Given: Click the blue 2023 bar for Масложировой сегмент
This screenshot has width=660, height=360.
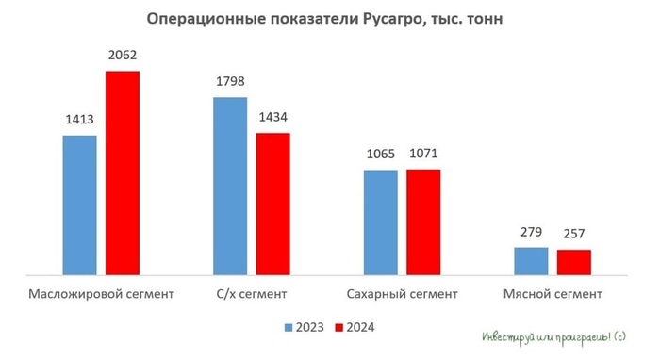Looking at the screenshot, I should tap(79, 205).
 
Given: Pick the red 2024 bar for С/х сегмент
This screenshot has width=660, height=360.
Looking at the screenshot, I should tap(272, 204).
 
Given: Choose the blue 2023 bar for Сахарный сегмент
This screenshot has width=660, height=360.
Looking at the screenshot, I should tap(380, 222).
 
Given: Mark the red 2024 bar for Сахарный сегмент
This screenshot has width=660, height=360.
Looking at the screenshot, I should tap(423, 221).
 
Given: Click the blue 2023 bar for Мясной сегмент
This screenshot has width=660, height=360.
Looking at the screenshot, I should tap(531, 261).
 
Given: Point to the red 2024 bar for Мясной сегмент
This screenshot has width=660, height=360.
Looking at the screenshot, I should tap(573, 262).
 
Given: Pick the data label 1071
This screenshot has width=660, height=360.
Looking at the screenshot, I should tap(423, 155).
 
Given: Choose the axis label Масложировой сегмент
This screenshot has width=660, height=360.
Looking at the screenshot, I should tap(102, 294).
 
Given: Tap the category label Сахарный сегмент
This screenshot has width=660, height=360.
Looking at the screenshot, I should tap(402, 294).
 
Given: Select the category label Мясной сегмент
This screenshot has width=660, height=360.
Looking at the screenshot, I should tap(553, 294).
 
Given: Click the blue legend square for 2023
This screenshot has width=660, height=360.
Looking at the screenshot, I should tap(289, 328).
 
